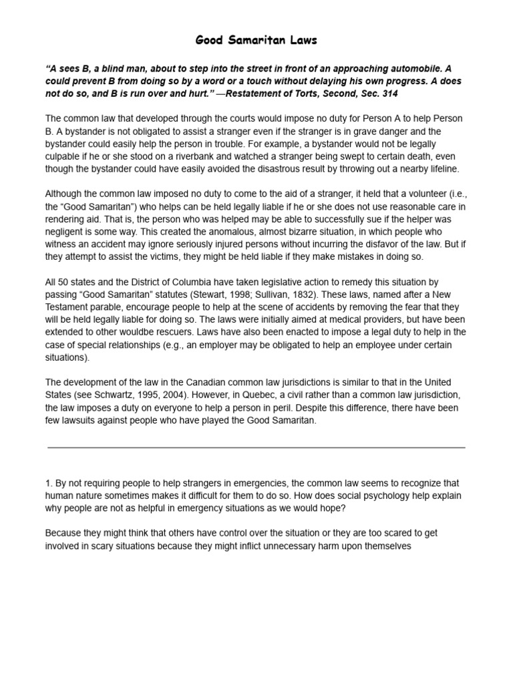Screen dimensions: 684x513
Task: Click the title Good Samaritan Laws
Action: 256,41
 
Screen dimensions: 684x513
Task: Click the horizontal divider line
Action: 256,448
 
